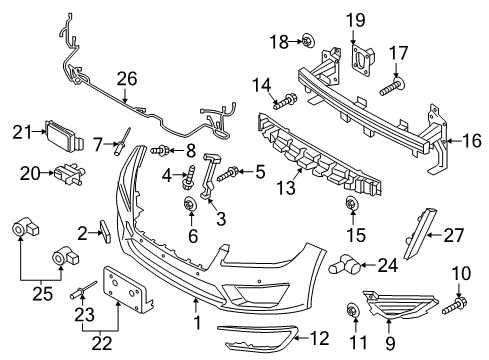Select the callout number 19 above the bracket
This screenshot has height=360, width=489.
click(x=357, y=20)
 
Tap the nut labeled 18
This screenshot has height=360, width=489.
click(x=308, y=41)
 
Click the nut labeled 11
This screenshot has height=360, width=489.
click(x=352, y=309)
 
